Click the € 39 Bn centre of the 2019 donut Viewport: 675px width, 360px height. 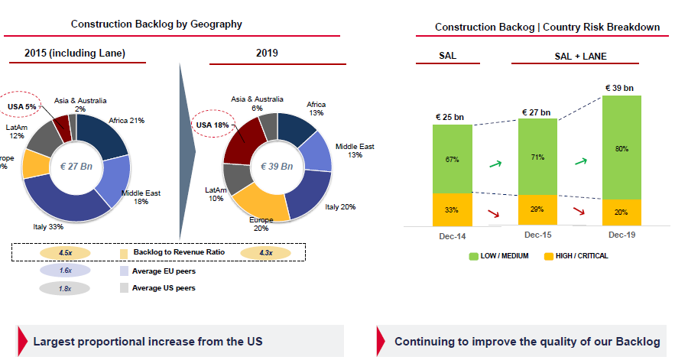[x=277, y=166]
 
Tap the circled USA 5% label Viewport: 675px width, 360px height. [x=21, y=106]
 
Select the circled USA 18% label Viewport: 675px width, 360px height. [x=212, y=125]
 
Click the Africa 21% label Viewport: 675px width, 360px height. [x=127, y=120]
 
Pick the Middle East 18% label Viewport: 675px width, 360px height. [x=141, y=198]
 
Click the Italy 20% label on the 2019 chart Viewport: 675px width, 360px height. [x=339, y=207]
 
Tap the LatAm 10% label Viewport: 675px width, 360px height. [x=216, y=194]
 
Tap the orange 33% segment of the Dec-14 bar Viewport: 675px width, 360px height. [x=451, y=209]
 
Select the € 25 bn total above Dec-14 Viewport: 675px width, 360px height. [x=451, y=117]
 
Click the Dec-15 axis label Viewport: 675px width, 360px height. [x=537, y=235]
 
